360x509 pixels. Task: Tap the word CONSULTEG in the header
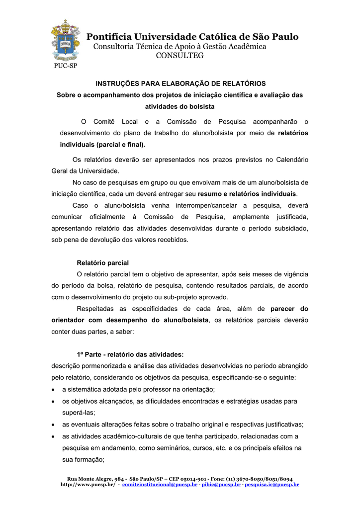click(x=180, y=56)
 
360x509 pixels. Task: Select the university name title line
click(x=192, y=37)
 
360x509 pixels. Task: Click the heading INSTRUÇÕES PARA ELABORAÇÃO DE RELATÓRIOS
click(x=180, y=84)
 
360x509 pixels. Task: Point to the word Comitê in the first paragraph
click(x=104, y=122)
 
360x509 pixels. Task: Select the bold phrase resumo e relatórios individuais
click(x=247, y=193)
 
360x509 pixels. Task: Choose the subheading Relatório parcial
click(x=102, y=262)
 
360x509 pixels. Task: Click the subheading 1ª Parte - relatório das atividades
click(x=130, y=354)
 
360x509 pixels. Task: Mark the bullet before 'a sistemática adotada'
click(x=54, y=389)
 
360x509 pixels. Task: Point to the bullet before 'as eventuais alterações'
click(x=54, y=424)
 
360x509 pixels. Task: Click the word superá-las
click(x=78, y=413)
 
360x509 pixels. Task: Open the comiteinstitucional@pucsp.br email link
click(x=160, y=484)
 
